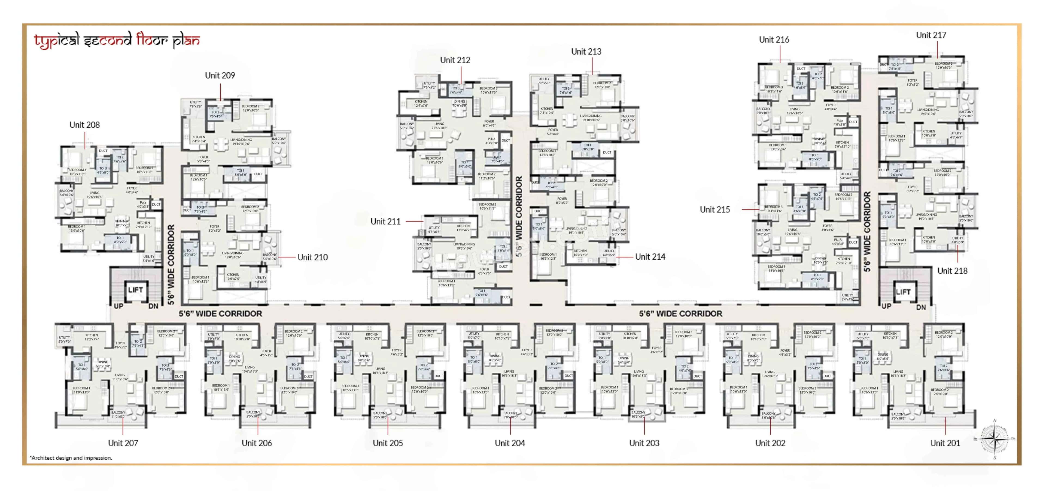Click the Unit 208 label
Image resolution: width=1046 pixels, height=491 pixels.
pyautogui.click(x=84, y=125)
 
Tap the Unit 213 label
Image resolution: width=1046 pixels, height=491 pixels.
pyautogui.click(x=586, y=52)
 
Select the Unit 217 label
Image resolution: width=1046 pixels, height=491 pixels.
pyautogui.click(x=931, y=35)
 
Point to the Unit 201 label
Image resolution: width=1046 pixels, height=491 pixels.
pyautogui.click(x=945, y=443)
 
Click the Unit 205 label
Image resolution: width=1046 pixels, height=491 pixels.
pyautogui.click(x=388, y=443)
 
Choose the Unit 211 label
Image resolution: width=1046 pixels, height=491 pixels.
pyautogui.click(x=385, y=221)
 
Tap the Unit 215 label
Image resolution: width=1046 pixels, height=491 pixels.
pyautogui.click(x=715, y=210)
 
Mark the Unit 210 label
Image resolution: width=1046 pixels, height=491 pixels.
pyautogui.click(x=312, y=257)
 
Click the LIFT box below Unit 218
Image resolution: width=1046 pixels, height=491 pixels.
pyautogui.click(x=903, y=292)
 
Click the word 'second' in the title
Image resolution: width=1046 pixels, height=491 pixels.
pyautogui.click(x=108, y=40)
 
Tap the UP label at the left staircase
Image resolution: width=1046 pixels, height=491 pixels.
pyautogui.click(x=118, y=306)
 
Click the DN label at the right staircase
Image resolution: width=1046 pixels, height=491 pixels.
pyautogui.click(x=921, y=307)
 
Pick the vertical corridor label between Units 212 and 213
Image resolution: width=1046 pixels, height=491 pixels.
pyautogui.click(x=519, y=216)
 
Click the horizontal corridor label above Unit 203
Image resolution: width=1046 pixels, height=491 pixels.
pyautogui.click(x=680, y=314)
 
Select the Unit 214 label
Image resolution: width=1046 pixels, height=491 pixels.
pyautogui.click(x=650, y=257)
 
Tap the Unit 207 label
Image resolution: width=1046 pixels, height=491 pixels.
pyautogui.click(x=123, y=443)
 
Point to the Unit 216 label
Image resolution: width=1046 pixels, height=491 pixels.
pyautogui.click(x=774, y=40)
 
